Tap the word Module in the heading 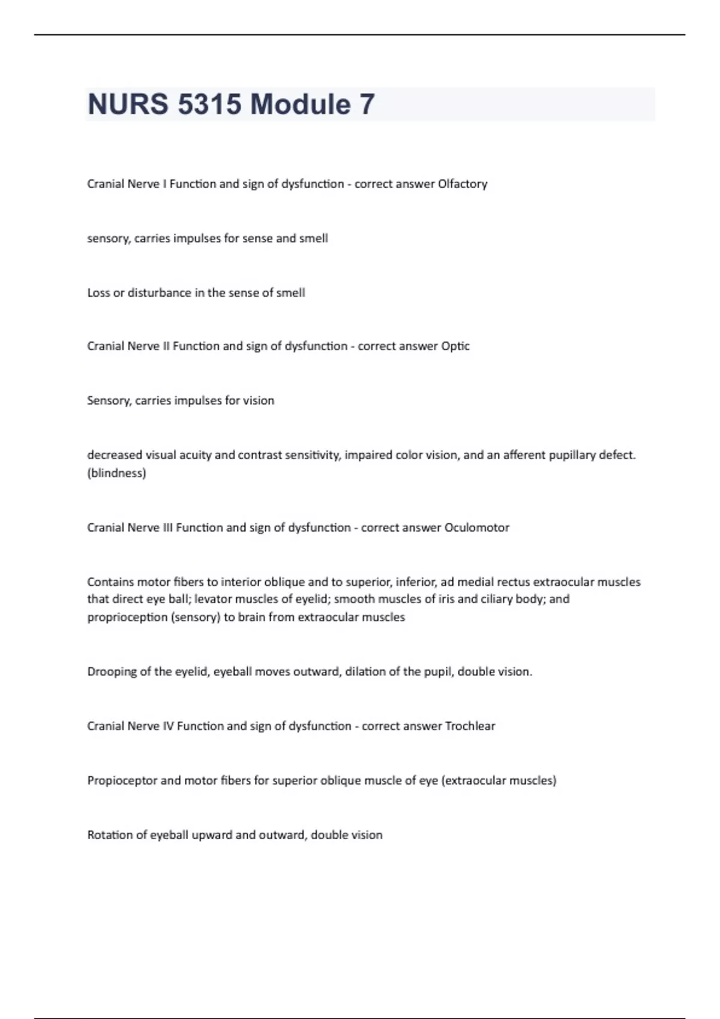300,104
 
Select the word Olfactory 462,184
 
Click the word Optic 455,346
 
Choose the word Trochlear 470,726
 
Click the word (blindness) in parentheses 116,474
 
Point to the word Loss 98,293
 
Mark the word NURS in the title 128,104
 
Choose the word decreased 115,455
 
